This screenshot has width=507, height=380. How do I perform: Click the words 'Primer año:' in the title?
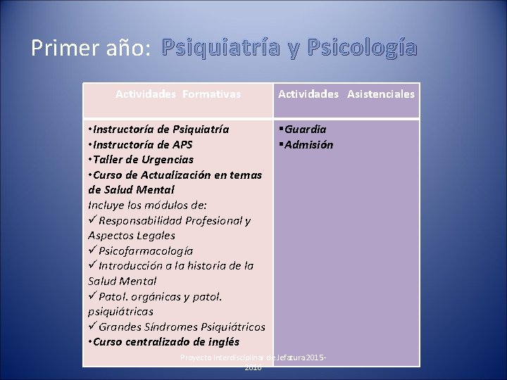pyautogui.click(x=91, y=47)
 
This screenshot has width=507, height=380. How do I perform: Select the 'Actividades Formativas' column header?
pyautogui.click(x=178, y=94)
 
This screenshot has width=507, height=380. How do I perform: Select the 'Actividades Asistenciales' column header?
pyautogui.click(x=346, y=94)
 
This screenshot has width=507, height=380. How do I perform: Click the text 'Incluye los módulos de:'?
pyautogui.click(x=147, y=205)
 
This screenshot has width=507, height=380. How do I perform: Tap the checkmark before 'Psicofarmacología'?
pyautogui.click(x=92, y=251)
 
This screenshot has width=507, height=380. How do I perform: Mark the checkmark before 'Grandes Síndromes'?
pyautogui.click(x=92, y=327)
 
